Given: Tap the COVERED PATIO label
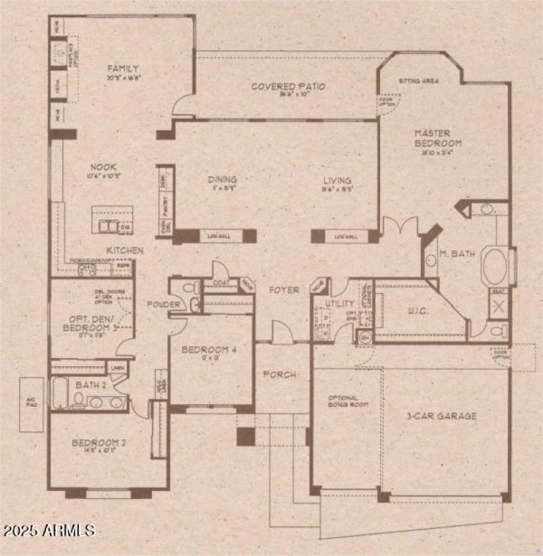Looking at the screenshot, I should click(x=288, y=86).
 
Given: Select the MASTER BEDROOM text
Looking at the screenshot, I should click(x=438, y=138).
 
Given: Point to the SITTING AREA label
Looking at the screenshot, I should click(x=418, y=81).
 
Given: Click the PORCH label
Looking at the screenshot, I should click(x=280, y=374).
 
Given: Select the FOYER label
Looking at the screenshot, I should click(x=284, y=290).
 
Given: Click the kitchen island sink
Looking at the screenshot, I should click(x=107, y=226).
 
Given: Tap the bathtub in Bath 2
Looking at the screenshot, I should click(x=60, y=393).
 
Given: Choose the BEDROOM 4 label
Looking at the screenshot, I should click(x=208, y=351).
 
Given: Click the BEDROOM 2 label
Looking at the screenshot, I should click(x=100, y=444).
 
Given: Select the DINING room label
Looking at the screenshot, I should click(x=222, y=180).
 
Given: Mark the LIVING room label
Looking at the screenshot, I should click(x=337, y=180).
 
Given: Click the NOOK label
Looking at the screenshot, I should click(x=105, y=167).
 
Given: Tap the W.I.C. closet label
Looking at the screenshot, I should click(x=417, y=313).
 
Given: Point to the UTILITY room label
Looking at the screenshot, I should click(x=340, y=304).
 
